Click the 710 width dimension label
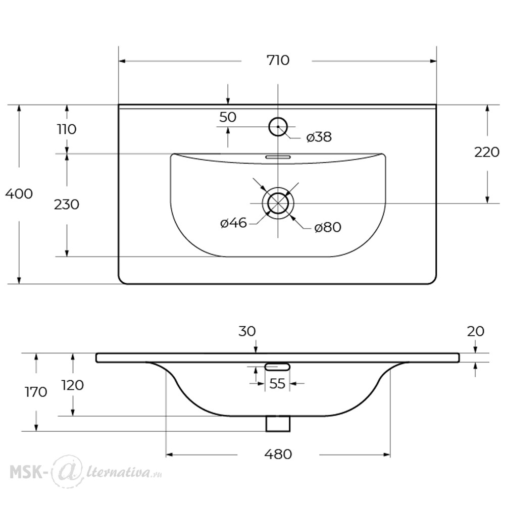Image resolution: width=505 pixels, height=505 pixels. pos(278,60)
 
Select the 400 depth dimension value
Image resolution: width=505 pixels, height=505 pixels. pos(19,194)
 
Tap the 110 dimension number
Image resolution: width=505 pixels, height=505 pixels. pos(67,129)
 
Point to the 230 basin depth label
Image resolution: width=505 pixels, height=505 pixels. pos(66,205)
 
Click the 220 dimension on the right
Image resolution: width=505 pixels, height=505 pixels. pos(487,152)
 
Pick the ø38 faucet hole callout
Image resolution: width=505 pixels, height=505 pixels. pos(319,137)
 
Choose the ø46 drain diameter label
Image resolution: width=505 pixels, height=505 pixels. pos(233,223)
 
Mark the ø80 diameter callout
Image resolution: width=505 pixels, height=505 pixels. pos(328,227)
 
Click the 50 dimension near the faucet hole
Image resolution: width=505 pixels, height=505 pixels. pos(228,117)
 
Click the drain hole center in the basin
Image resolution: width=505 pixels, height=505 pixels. pos(278,203)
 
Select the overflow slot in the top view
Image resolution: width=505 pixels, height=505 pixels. pos(278,157)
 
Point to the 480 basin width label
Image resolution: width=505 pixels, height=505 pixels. pos(278,454)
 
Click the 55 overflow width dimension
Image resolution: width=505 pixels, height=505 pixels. pos(277,384)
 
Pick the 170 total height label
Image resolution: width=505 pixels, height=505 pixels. pos(36,392)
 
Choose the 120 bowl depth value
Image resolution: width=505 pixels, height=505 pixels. pos(72,385)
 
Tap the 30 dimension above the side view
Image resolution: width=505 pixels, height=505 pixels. pos(247,331)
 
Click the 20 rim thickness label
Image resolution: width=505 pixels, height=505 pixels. pos(475,331)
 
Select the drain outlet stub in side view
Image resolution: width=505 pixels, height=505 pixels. pos(278,424)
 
